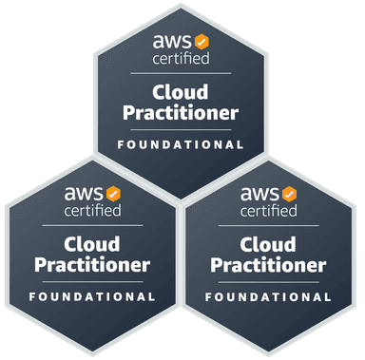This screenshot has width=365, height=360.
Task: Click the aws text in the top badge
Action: click(x=172, y=41)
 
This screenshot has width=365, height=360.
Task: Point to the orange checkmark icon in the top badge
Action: click(x=202, y=42)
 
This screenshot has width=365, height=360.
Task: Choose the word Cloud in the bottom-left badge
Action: click(x=92, y=244)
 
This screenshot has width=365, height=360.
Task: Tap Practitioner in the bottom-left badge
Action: click(x=92, y=264)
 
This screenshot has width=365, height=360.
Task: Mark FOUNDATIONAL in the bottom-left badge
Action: click(x=92, y=297)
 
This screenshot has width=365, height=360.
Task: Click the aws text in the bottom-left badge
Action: click(x=84, y=193)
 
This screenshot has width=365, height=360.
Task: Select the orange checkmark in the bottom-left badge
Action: click(x=113, y=194)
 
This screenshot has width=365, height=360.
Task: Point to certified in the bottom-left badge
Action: click(x=92, y=210)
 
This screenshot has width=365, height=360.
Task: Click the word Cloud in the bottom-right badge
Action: click(x=269, y=244)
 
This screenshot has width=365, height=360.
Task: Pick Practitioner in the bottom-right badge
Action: click(x=269, y=264)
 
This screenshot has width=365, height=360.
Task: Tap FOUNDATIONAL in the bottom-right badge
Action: click(x=269, y=297)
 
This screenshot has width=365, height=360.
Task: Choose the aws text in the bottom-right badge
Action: click(x=260, y=193)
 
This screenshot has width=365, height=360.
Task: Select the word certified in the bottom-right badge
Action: click(x=269, y=210)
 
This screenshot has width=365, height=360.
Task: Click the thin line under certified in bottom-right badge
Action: click(x=269, y=225)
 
